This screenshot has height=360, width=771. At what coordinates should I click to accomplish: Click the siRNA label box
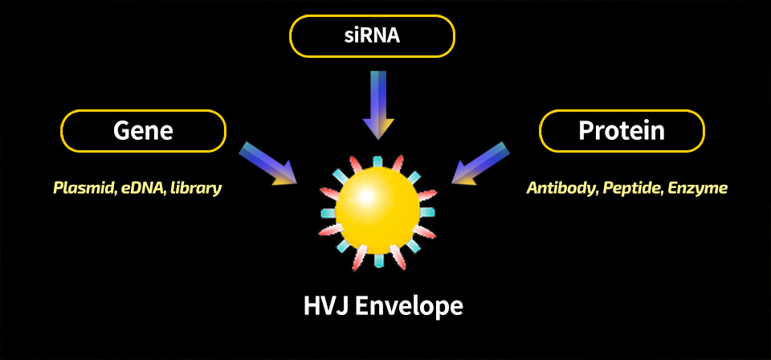(x=372, y=36)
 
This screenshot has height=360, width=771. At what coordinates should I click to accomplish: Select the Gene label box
(x=143, y=130)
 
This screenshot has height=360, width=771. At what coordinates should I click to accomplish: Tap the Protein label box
(x=622, y=130)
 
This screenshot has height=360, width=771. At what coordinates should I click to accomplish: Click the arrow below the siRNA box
(x=378, y=105)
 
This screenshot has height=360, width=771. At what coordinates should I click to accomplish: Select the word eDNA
(x=140, y=188)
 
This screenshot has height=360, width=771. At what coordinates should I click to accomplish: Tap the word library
(x=194, y=188)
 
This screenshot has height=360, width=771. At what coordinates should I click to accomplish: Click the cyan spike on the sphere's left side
(x=328, y=213)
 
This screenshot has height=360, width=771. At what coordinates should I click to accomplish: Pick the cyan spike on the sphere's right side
(x=427, y=211)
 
